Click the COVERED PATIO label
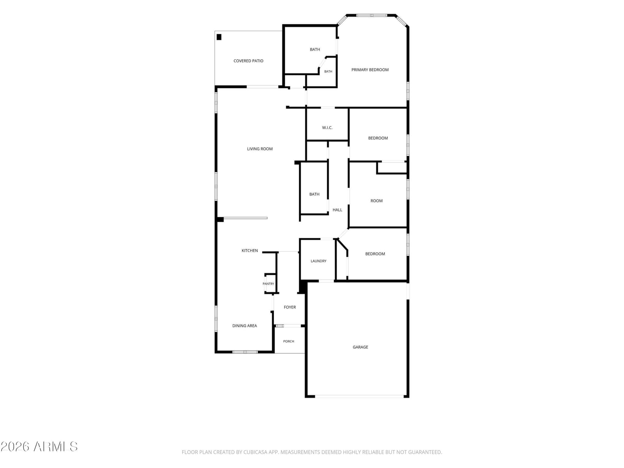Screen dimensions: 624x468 (x=248, y=61)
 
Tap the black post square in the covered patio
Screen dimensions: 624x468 (x=219, y=37)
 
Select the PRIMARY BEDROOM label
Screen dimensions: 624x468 (x=370, y=70)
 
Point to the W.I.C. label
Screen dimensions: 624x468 (x=327, y=128)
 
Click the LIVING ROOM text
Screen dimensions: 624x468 (x=260, y=149)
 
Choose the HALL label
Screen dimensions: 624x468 (x=337, y=210)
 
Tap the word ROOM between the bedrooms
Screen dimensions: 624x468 (x=376, y=200)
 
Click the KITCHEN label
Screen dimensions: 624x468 (x=250, y=250)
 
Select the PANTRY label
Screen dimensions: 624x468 (x=268, y=284)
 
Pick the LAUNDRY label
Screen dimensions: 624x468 (x=318, y=261)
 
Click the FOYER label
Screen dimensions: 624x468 (x=290, y=307)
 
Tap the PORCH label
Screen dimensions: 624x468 (x=289, y=341)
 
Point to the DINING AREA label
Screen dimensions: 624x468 (x=245, y=326)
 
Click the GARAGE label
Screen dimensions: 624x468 (x=360, y=347)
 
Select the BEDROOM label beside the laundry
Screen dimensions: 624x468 (x=375, y=254)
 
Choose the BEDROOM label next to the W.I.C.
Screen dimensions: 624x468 (x=378, y=138)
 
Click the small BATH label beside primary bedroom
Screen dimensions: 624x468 (x=328, y=71)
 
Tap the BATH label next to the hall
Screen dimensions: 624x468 (x=314, y=194)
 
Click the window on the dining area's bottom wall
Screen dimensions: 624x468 (x=245, y=352)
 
